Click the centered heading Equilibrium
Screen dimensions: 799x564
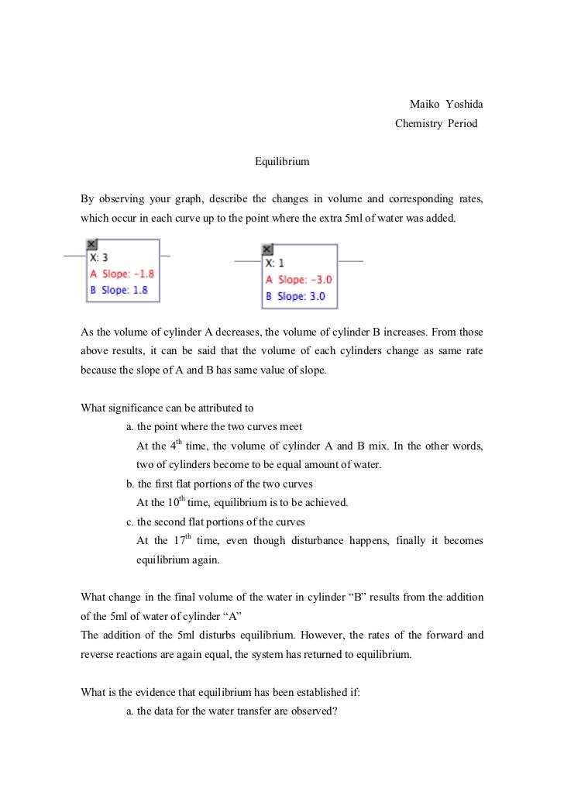coord(282,162)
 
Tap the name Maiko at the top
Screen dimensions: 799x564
coord(423,105)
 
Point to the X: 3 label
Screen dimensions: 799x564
coord(98,257)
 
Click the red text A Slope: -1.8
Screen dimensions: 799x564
coord(122,274)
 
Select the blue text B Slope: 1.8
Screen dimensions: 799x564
coord(119,290)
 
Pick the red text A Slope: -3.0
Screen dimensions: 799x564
coord(299,280)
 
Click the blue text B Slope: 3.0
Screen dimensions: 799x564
coord(296,296)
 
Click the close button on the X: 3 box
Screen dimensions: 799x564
coord(91,243)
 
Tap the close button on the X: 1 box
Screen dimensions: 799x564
coord(267,250)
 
